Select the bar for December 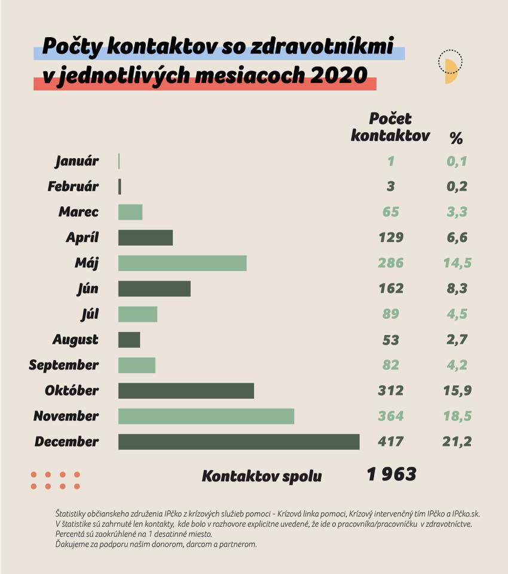[x=239, y=442]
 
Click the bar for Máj [x=182, y=263]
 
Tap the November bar [x=206, y=416]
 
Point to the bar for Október [x=186, y=390]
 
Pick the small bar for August [x=129, y=340]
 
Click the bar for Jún [x=154, y=289]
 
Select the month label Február [x=73, y=187]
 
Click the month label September [x=64, y=365]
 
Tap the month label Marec [x=78, y=212]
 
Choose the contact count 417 [x=391, y=442]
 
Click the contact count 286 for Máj [x=391, y=263]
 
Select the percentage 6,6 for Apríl [x=457, y=237]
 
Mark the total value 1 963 [x=391, y=474]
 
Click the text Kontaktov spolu [x=262, y=477]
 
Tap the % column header [x=456, y=139]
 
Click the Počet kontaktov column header [x=390, y=127]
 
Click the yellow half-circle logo [x=450, y=68]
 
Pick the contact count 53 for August [x=391, y=340]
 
